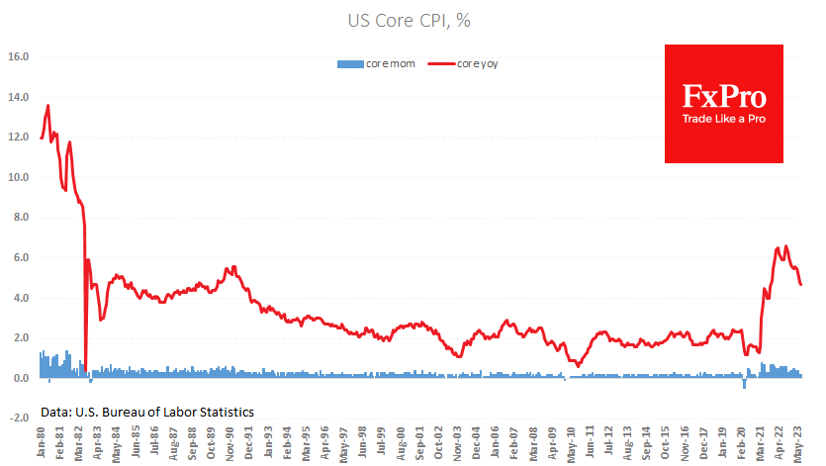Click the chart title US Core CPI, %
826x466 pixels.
coord(413,20)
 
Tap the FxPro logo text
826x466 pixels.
coord(724,96)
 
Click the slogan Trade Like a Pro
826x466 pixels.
coord(724,119)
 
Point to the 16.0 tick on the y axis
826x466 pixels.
coord(19,57)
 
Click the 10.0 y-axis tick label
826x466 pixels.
coord(19,178)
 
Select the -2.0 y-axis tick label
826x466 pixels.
coord(18,419)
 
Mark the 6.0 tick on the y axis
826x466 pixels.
coord(19,258)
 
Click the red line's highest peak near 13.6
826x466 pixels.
coord(48,106)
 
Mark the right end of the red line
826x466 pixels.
coord(801,285)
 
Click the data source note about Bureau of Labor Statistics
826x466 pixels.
coord(147,412)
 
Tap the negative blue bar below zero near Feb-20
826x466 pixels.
coord(744,383)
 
